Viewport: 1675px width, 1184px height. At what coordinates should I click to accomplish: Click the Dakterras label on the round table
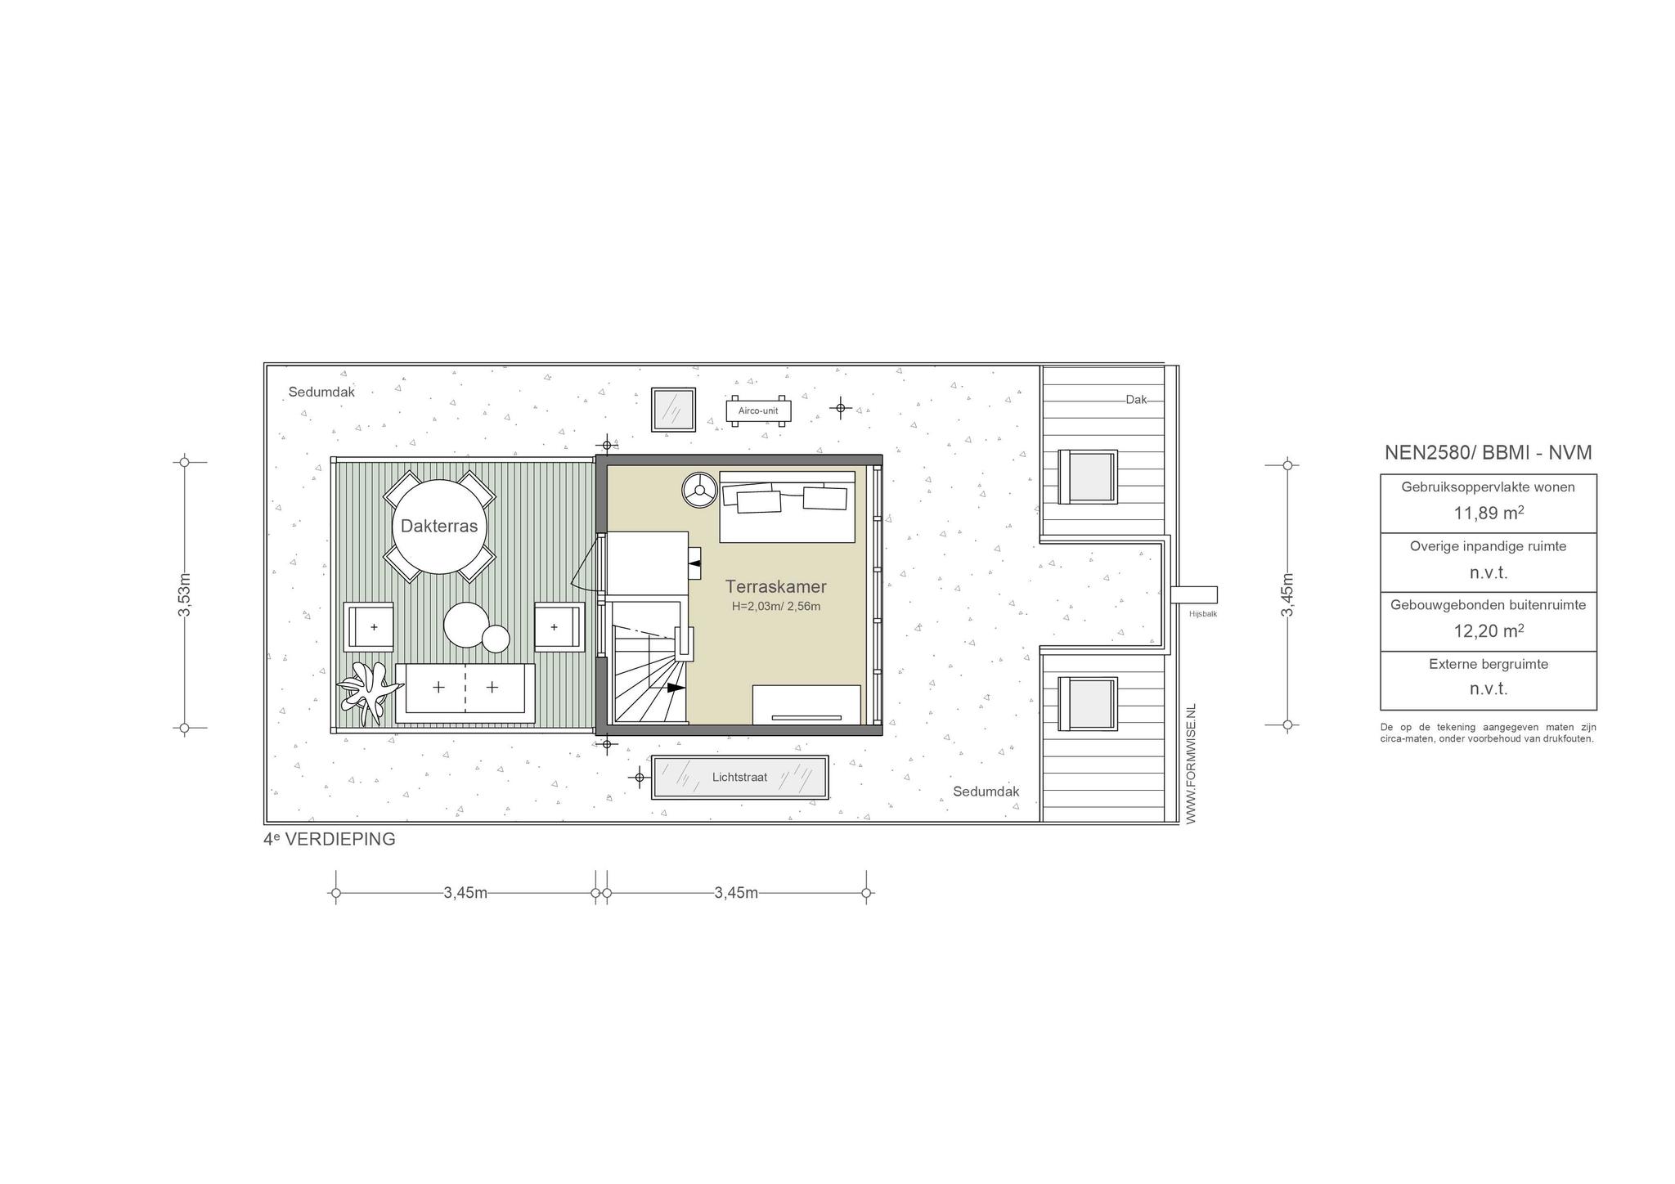point(439,526)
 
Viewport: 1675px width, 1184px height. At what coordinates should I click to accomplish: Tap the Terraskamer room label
point(776,586)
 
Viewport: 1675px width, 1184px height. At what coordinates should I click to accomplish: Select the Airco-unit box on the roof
point(759,410)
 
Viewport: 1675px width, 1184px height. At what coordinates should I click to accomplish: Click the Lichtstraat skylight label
point(739,777)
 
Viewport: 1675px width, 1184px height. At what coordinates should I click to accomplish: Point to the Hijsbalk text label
point(1203,613)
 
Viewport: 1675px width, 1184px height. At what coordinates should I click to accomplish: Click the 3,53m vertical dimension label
point(185,594)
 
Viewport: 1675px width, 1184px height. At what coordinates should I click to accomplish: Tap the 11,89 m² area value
point(1489,513)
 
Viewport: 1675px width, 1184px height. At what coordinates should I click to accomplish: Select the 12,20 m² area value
point(1489,630)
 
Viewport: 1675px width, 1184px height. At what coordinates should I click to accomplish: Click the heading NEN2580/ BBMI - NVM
point(1489,453)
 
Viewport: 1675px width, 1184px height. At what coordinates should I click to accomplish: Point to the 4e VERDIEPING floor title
point(330,839)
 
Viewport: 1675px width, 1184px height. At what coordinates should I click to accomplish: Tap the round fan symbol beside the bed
point(698,491)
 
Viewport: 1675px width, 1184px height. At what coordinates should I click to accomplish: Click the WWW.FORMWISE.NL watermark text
point(1190,763)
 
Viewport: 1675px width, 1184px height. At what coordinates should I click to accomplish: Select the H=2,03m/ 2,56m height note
point(776,607)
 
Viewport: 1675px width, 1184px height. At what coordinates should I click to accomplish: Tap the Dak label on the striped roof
point(1136,400)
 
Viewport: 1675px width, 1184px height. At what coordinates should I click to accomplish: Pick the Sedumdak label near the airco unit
point(321,392)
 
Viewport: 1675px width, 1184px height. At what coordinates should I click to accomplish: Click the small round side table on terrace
point(496,639)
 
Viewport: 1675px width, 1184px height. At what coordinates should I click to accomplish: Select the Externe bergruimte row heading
point(1489,664)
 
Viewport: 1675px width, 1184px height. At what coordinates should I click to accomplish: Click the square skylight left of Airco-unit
point(673,410)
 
